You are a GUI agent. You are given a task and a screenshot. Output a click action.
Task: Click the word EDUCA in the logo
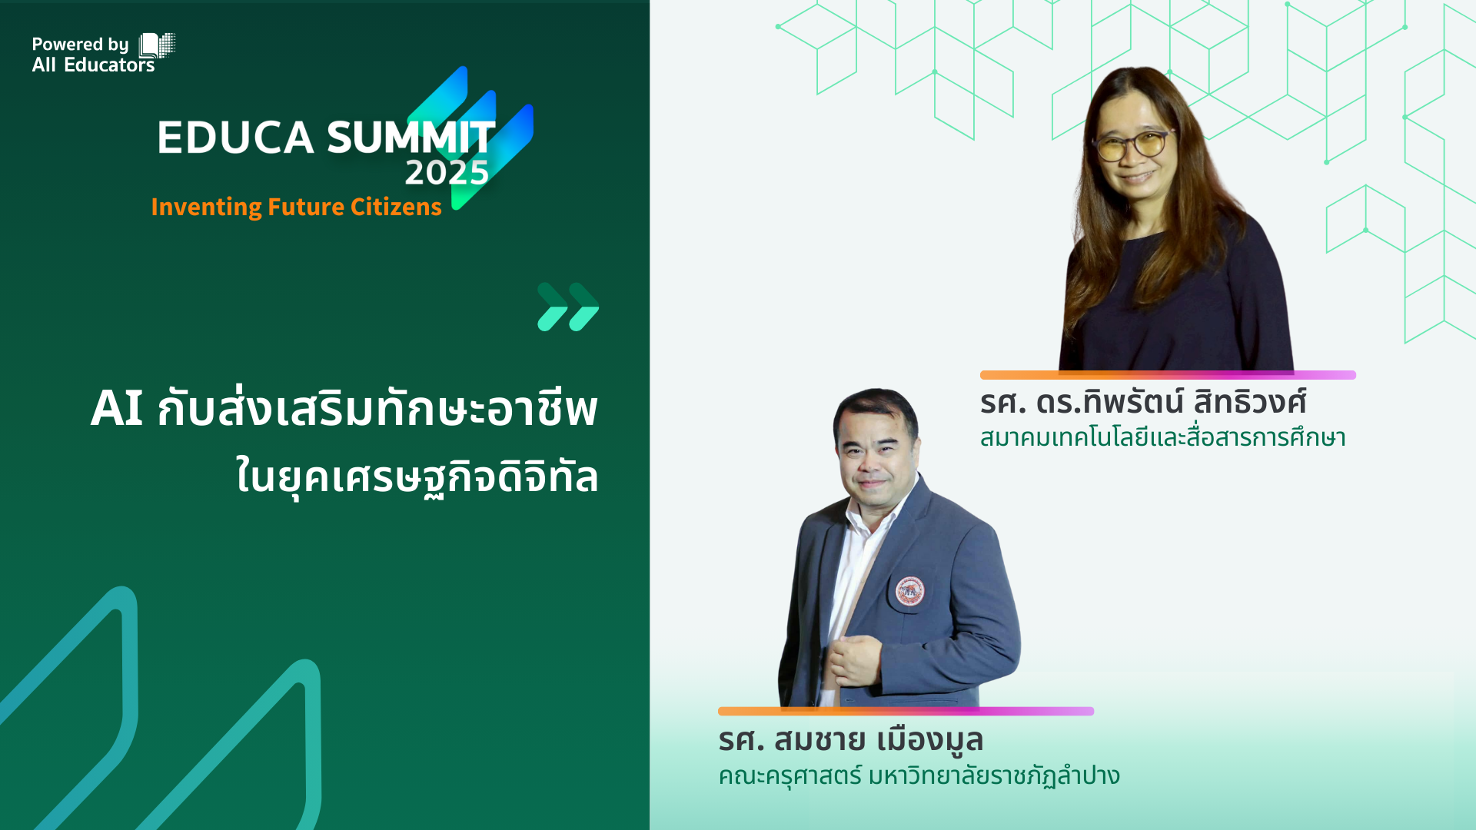[235, 138]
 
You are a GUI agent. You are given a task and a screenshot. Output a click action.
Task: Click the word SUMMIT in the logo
[411, 138]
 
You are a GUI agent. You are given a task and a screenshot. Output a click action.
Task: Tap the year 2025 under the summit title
[447, 173]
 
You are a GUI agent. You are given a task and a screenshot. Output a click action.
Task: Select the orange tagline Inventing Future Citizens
[296, 207]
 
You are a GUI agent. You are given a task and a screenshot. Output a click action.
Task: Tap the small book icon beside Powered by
[157, 45]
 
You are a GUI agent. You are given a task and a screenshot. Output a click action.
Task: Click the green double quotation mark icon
[568, 307]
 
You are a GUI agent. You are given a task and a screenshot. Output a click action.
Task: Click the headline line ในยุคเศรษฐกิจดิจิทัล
[417, 476]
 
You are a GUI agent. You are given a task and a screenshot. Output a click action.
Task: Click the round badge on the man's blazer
[909, 590]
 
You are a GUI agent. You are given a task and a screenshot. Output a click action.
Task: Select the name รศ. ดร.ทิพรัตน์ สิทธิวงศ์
[1142, 402]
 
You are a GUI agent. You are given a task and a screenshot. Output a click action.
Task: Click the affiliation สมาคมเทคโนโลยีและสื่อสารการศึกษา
[1162, 437]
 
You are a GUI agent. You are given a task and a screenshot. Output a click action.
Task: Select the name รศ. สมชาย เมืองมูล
[850, 739]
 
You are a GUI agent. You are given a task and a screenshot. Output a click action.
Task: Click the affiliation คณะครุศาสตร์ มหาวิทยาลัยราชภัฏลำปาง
[919, 775]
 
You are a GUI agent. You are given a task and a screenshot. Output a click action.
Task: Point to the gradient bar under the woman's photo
[1168, 375]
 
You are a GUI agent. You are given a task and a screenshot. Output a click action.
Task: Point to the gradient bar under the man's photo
[906, 711]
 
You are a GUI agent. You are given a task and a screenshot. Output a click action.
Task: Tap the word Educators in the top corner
[109, 65]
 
